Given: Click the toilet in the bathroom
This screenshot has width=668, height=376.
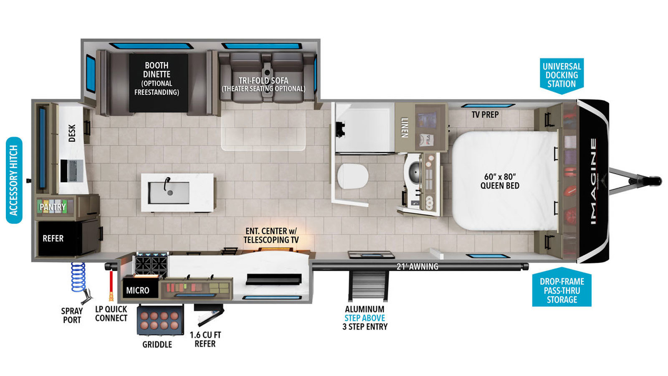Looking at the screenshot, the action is [352, 176].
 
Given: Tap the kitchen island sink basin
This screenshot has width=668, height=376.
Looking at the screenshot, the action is [169, 193].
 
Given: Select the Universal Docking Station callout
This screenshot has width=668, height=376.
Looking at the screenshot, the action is [562, 76].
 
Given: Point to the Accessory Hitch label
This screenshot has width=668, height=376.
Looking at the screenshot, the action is [14, 180].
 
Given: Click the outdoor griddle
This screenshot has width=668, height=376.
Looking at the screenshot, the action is [160, 320].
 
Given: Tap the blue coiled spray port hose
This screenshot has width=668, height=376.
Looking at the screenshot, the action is [78, 277].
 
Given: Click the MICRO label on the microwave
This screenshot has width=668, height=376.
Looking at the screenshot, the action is [138, 290].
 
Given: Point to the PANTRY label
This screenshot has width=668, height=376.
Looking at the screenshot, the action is [53, 207].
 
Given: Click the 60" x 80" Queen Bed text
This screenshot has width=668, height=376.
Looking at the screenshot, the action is [500, 181].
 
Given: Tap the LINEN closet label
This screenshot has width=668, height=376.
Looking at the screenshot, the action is [405, 128].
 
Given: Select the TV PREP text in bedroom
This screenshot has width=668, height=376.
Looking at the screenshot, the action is [485, 114].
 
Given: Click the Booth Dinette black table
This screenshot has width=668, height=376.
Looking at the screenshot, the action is [158, 83].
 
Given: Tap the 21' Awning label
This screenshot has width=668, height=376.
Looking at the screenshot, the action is [417, 267].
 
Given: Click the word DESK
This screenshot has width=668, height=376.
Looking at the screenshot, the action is [72, 133].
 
